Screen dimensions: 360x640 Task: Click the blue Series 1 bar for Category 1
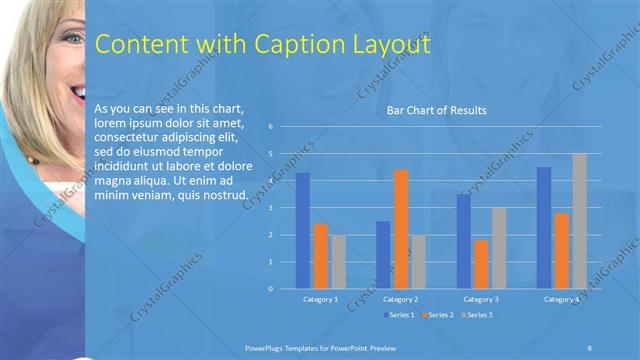[x=303, y=231]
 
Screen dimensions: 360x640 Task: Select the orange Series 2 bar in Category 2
[x=400, y=229]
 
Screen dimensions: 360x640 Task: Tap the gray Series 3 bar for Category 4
[x=579, y=221]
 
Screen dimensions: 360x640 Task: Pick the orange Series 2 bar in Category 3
[x=481, y=264]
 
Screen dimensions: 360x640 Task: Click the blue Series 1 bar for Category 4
[x=544, y=228]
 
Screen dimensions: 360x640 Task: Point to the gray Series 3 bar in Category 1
[x=339, y=262]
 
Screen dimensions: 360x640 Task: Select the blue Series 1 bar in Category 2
[x=383, y=255]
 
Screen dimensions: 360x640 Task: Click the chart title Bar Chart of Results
[x=436, y=110]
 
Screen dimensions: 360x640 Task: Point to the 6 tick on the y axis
[x=270, y=127]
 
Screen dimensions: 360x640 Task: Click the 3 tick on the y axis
[x=270, y=208]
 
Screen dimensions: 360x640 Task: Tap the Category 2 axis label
[x=400, y=299]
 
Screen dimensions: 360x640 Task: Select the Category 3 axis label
[x=481, y=299]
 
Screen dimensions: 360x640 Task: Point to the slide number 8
[x=590, y=346]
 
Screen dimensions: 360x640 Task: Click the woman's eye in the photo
[x=67, y=37]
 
